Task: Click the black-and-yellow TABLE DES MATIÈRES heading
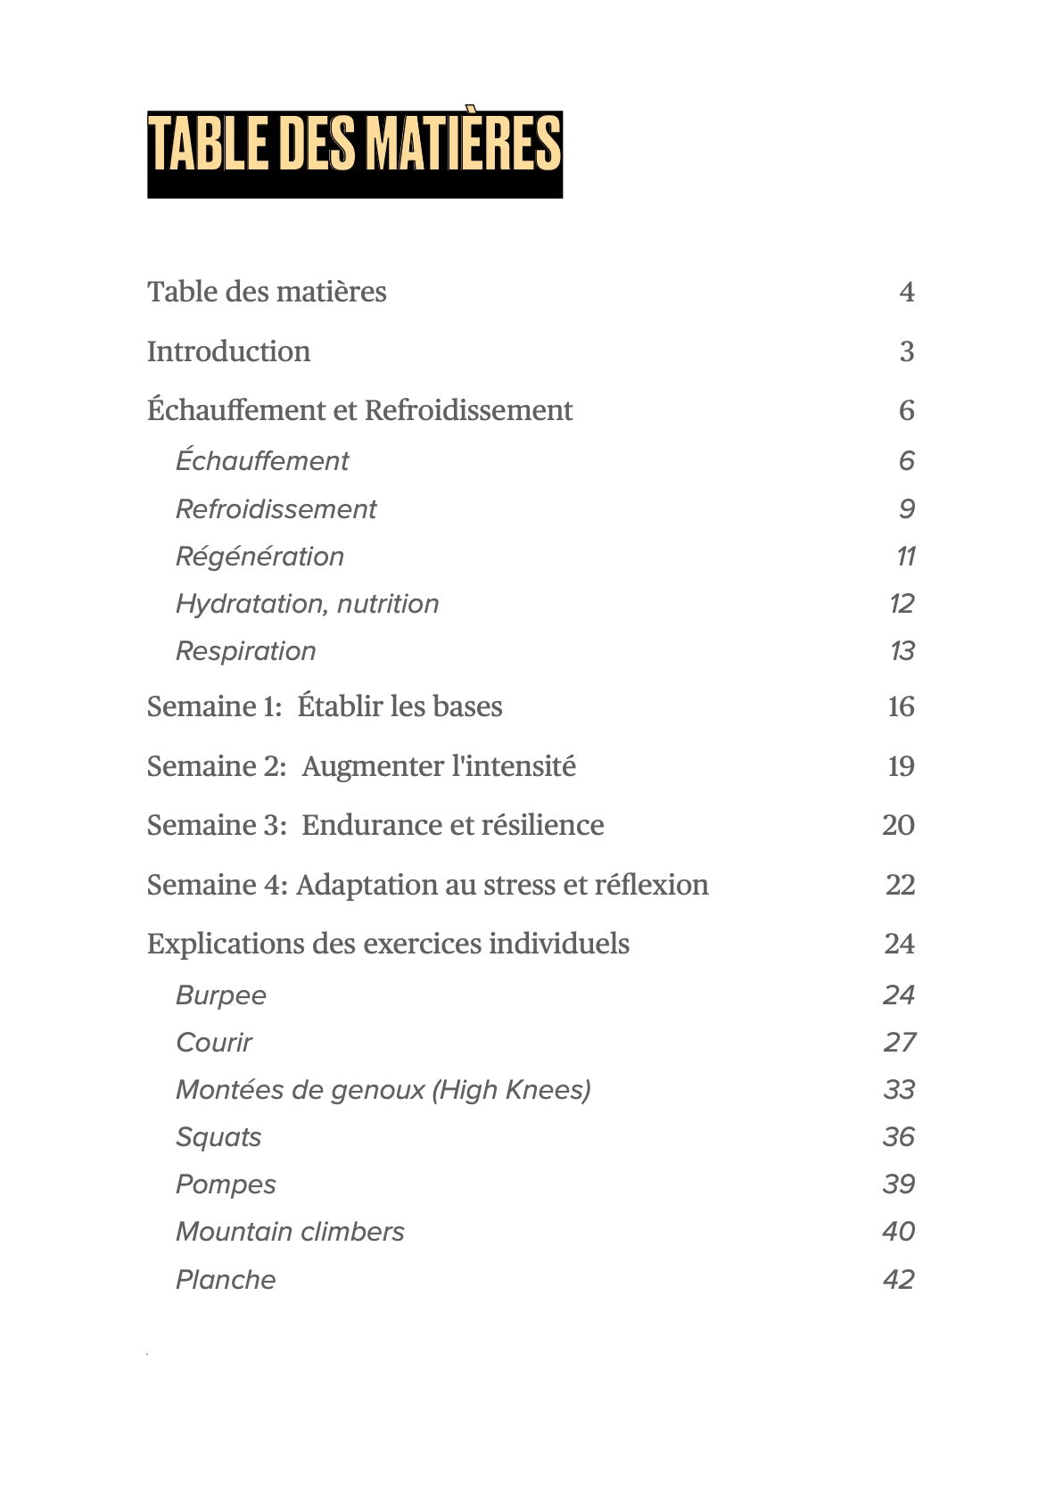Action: point(354,153)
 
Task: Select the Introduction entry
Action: point(228,351)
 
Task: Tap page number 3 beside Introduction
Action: point(906,351)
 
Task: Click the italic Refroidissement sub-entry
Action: point(276,509)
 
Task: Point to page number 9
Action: point(906,509)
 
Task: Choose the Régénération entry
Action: point(260,557)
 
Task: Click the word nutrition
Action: point(388,604)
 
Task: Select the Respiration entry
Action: point(245,651)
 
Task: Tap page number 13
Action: point(902,651)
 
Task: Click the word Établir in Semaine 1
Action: point(339,706)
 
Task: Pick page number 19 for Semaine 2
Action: point(901,766)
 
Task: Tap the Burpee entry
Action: point(220,995)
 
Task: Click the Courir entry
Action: point(214,1043)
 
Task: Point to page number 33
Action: point(899,1090)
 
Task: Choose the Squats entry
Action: point(218,1137)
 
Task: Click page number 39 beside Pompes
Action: point(899,1184)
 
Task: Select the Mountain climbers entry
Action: point(290,1232)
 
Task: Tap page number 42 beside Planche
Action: point(899,1280)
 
